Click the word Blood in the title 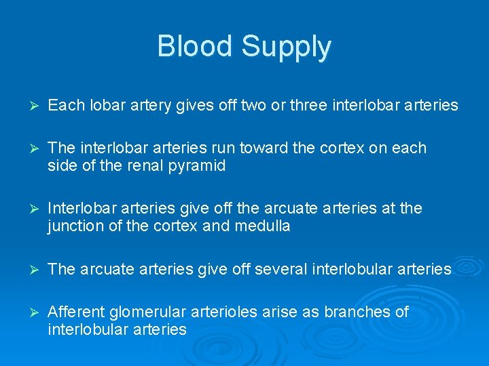[195, 46]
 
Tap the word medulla [262, 226]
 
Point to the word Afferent [75, 311]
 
